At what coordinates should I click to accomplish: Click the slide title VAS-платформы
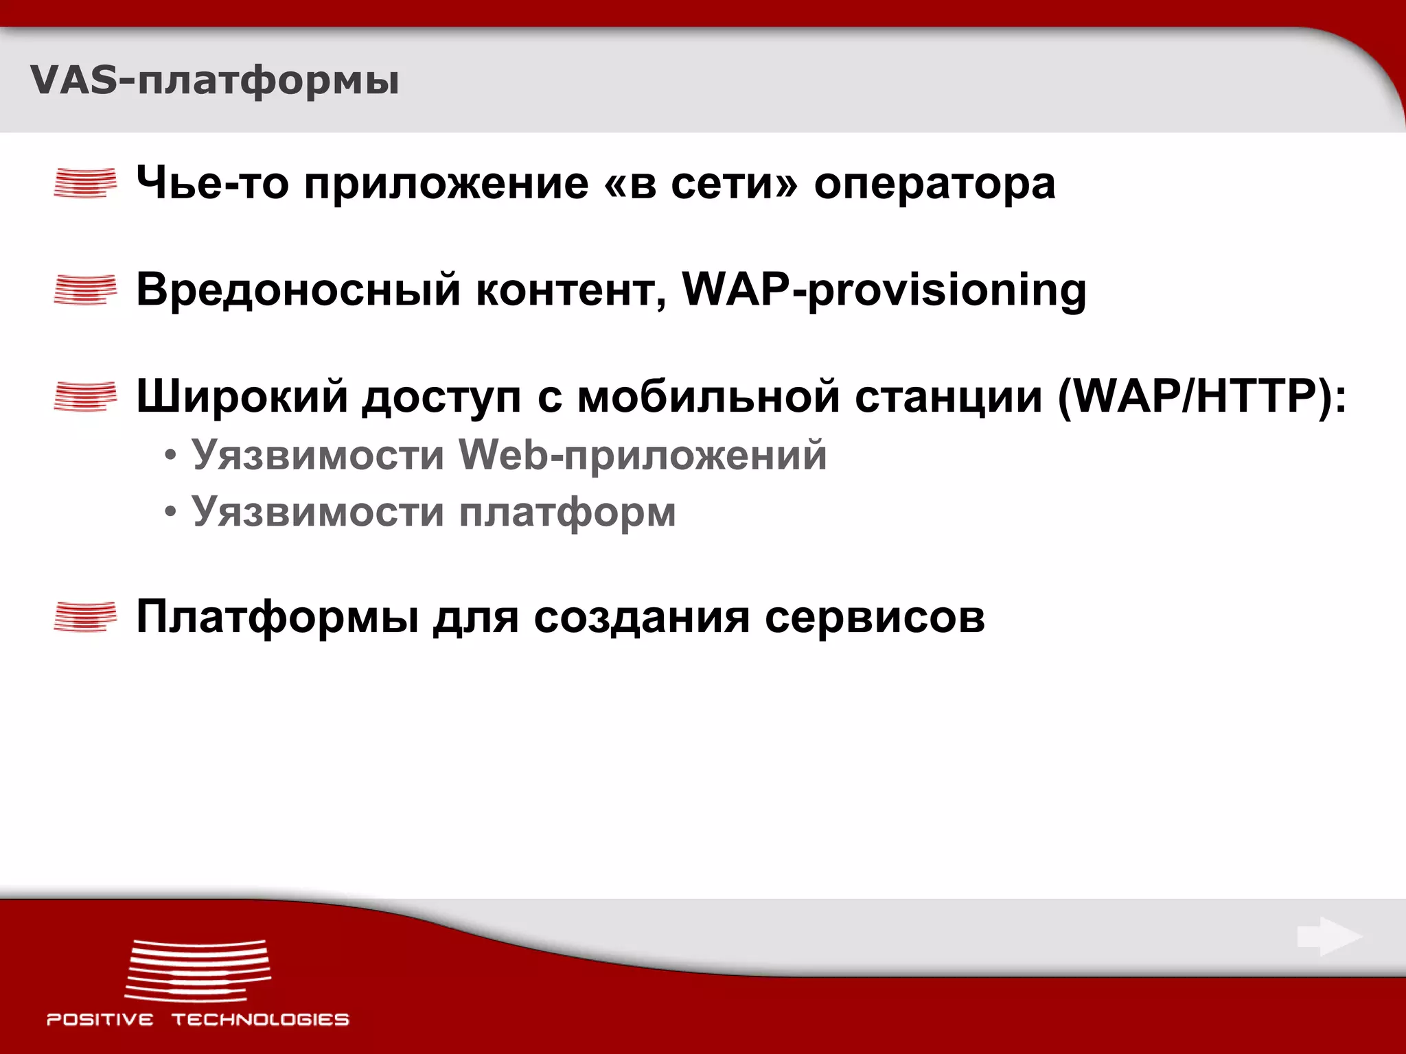(x=214, y=81)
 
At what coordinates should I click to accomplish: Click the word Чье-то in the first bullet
(x=212, y=183)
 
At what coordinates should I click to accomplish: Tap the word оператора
(x=934, y=183)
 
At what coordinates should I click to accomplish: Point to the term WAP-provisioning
(x=884, y=290)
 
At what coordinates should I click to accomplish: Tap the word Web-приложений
(x=643, y=456)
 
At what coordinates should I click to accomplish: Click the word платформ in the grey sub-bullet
(x=567, y=513)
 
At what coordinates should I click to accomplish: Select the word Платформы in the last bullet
(x=277, y=617)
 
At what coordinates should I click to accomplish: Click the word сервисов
(x=875, y=617)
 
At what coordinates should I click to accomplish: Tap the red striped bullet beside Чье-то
(x=85, y=183)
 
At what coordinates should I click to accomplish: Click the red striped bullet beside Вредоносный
(x=85, y=290)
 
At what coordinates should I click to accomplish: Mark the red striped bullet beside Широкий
(x=85, y=397)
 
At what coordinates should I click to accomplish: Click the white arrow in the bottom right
(x=1329, y=937)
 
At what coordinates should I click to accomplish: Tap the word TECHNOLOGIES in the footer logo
(x=260, y=1020)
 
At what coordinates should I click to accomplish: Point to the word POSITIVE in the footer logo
(x=100, y=1020)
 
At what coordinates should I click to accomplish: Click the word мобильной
(x=708, y=397)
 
